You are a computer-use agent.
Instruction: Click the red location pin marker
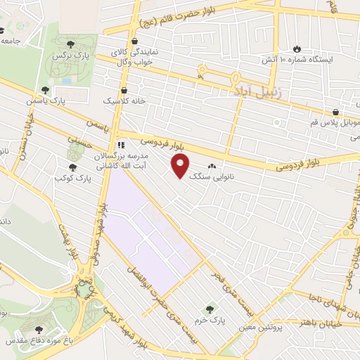[x=181, y=166]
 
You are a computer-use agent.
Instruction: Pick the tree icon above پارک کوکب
[x=72, y=167]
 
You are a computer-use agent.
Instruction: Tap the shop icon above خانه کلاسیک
[x=124, y=90]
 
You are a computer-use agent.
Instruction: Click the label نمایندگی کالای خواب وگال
[x=137, y=57]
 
